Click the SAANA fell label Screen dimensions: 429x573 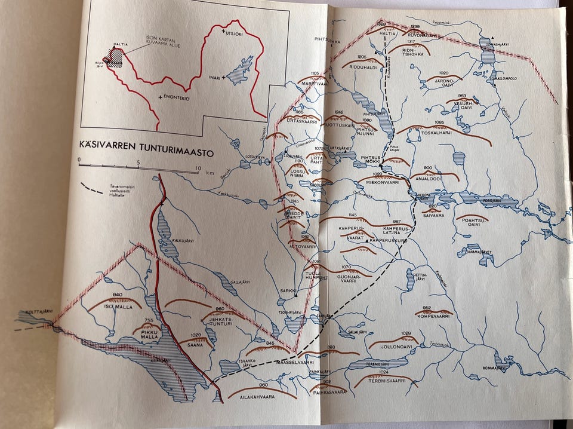201,344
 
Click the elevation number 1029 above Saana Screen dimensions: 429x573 196,335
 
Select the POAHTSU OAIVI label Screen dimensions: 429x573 472,222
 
